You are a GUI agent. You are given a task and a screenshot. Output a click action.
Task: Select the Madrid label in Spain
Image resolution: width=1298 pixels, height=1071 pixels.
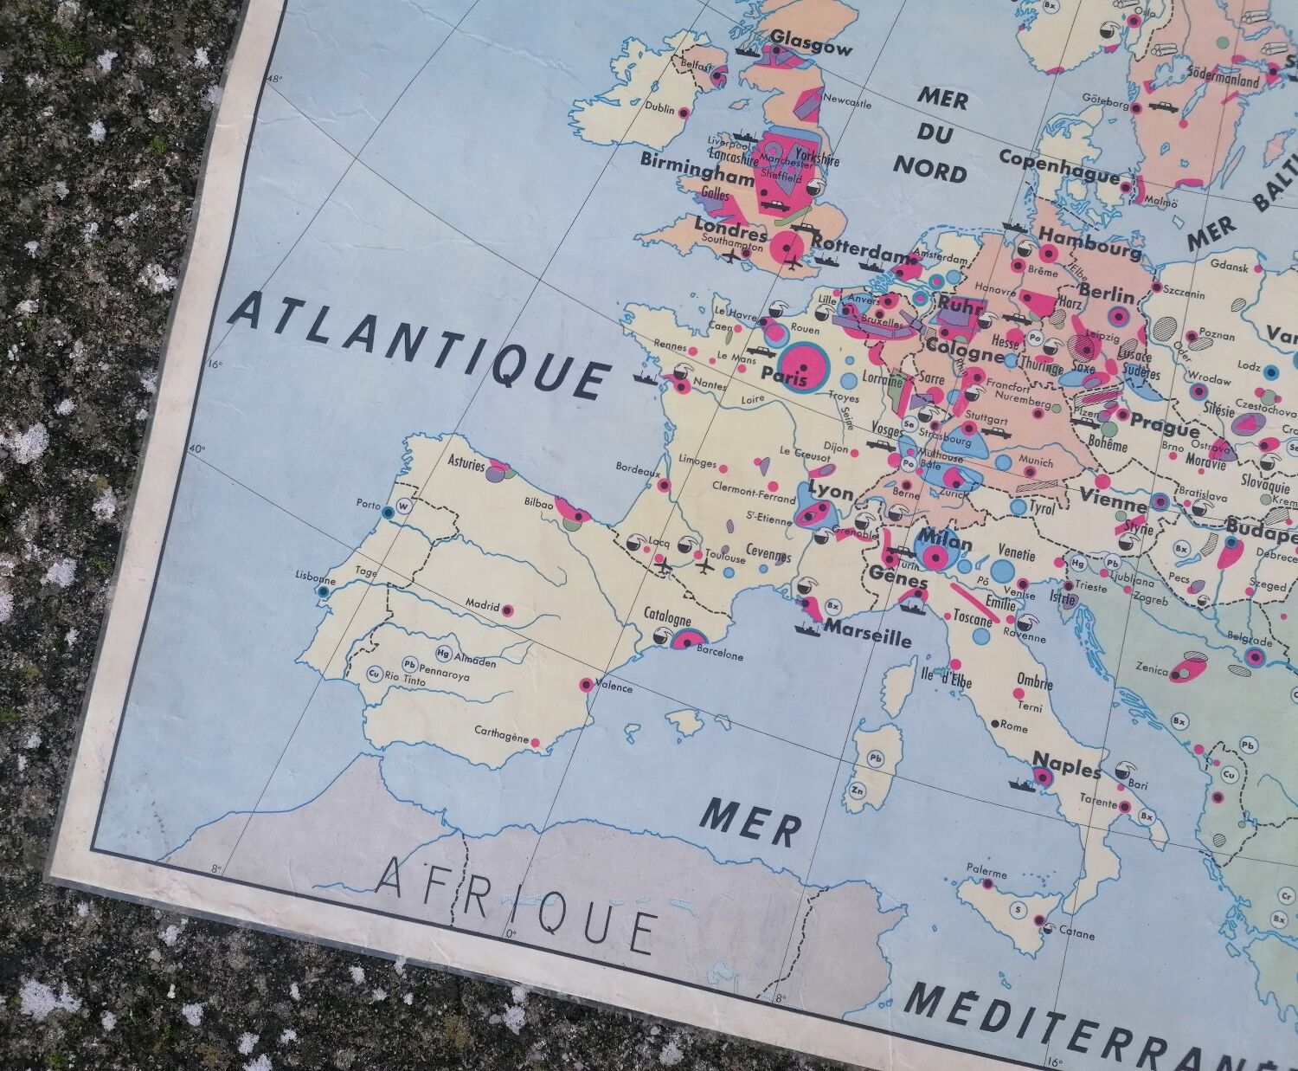tap(482, 605)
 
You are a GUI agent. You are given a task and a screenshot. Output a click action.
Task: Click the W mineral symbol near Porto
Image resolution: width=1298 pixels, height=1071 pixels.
tap(403, 507)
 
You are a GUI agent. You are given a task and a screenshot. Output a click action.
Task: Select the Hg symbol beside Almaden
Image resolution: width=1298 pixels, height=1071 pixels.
tap(445, 654)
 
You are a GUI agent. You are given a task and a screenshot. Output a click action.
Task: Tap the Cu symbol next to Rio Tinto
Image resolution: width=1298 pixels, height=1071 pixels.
tap(375, 674)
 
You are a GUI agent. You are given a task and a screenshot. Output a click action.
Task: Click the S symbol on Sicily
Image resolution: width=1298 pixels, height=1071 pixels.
tap(1018, 911)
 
